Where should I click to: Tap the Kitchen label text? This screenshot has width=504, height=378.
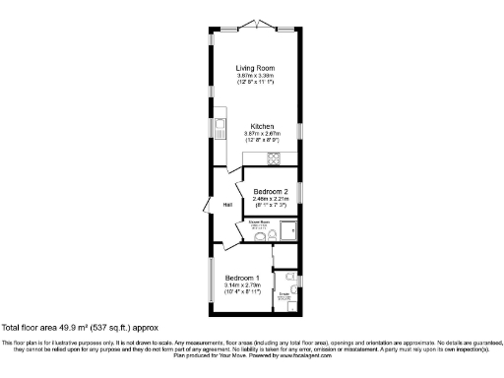(261, 126)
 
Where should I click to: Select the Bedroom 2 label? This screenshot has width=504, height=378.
(270, 191)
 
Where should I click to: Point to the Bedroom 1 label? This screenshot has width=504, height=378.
(241, 278)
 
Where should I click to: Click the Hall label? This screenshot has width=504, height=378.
(226, 205)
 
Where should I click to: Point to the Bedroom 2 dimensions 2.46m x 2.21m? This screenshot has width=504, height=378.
(270, 201)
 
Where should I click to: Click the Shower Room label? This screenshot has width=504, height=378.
(259, 222)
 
